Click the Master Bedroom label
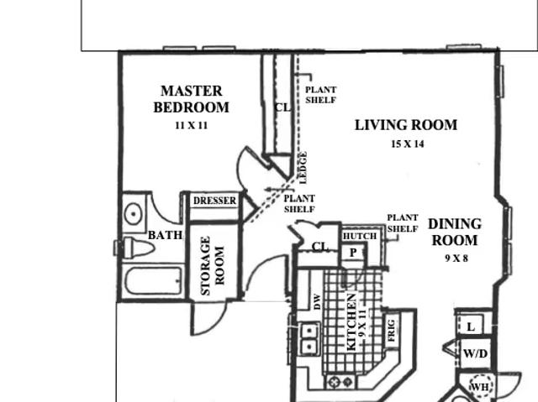coord(191,99)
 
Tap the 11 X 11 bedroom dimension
coord(192,126)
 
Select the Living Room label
coord(406,125)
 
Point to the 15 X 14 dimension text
coord(408,144)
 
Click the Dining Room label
coord(455,232)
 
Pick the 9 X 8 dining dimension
coord(456,258)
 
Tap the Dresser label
coord(215,201)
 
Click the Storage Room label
coord(213,266)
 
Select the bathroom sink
coord(133,214)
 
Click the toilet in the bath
coord(138,248)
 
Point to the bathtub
coord(153,281)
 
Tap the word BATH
coord(165,235)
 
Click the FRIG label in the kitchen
coord(392,331)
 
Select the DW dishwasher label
coord(317,302)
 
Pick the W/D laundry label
coord(475,353)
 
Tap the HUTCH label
coord(360,237)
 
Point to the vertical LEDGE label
coord(303,168)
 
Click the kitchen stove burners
coord(340,382)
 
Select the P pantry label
coord(353,253)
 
